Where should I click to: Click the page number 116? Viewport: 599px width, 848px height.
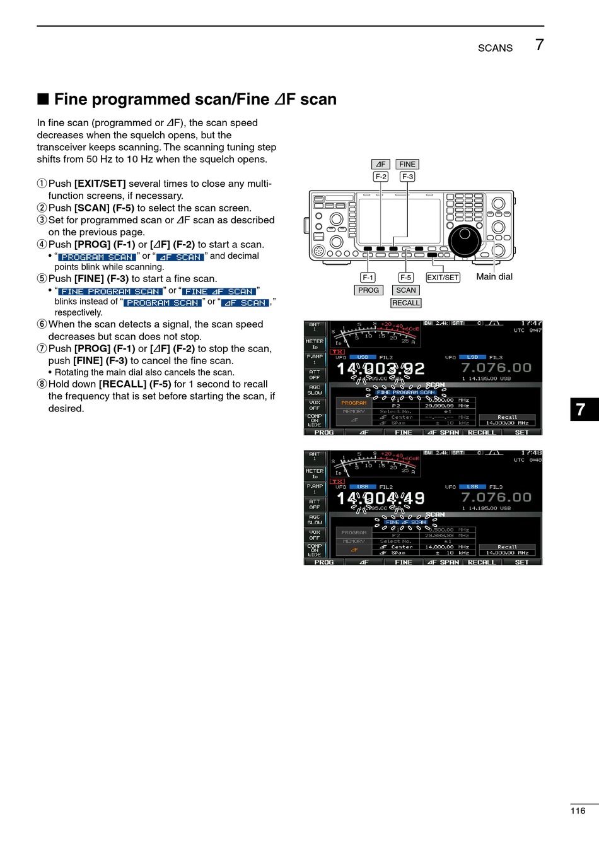click(578, 811)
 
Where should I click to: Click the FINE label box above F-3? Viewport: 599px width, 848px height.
click(407, 164)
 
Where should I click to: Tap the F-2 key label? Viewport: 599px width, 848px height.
click(381, 177)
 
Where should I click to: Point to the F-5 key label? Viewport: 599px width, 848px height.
click(405, 277)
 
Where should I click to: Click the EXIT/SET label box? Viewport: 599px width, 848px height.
click(443, 277)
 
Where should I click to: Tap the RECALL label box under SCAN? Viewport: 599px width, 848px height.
click(405, 303)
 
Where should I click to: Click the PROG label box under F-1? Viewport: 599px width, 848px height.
click(368, 290)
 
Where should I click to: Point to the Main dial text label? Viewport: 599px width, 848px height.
click(494, 276)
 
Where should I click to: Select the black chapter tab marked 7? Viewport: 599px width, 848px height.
click(583, 409)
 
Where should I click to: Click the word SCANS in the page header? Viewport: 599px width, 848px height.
click(495, 48)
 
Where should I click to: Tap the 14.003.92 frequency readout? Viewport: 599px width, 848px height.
click(381, 368)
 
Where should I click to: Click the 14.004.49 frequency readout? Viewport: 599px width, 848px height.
click(381, 498)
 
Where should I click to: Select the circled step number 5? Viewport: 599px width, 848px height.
click(42, 279)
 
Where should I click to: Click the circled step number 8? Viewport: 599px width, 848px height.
click(42, 384)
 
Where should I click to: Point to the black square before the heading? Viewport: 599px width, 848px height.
click(43, 99)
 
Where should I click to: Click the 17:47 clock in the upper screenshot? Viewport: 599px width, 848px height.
click(531, 324)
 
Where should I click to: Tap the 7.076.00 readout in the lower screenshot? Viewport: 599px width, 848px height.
click(496, 497)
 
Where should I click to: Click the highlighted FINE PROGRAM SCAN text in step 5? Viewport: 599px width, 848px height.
click(110, 291)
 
